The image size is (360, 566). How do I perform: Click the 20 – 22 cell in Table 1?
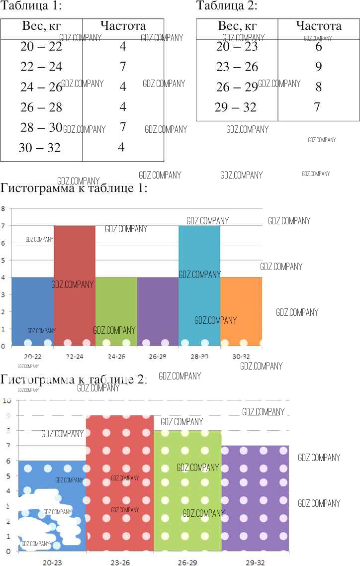[x=41, y=47]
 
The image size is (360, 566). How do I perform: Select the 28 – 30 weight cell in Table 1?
[x=41, y=127]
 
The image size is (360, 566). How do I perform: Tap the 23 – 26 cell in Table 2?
[x=237, y=67]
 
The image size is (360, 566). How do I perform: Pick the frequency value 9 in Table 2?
[x=319, y=67]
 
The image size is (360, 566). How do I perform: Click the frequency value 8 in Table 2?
[x=319, y=87]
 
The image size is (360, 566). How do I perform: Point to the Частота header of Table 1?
[x=123, y=26]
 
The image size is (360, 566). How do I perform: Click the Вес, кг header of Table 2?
[x=237, y=26]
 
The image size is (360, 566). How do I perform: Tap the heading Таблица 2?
[x=227, y=6]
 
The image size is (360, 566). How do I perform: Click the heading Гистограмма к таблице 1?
[x=74, y=189]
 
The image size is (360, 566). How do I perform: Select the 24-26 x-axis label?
[x=116, y=357]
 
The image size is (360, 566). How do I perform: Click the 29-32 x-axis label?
[x=255, y=562]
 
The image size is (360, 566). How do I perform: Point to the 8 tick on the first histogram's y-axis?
[x=3, y=209]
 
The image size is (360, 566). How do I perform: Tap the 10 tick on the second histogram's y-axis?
[x=6, y=400]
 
